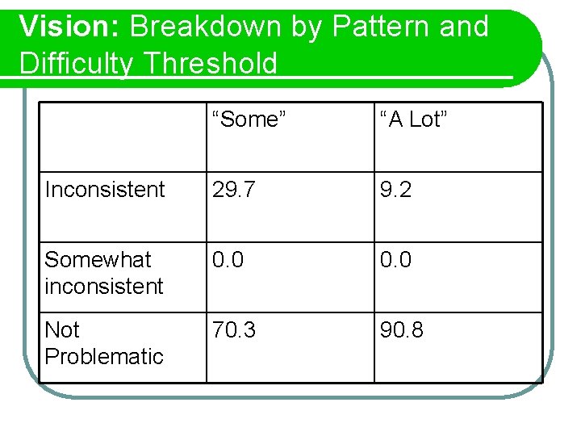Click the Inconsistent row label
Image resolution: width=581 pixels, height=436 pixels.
(105, 190)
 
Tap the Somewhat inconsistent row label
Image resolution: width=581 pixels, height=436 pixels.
(104, 273)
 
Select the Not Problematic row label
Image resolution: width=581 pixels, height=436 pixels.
(104, 343)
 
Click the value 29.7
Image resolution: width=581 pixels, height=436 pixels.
(235, 190)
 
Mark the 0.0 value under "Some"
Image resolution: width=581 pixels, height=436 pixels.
(228, 260)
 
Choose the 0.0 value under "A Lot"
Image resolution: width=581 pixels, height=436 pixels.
(396, 260)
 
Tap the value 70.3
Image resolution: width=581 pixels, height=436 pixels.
(235, 330)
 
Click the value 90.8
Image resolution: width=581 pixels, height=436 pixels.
(403, 330)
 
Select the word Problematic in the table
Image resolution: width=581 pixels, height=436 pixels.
(104, 356)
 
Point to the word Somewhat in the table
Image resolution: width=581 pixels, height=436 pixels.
(98, 260)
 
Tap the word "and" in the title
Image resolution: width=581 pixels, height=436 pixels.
(465, 27)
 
